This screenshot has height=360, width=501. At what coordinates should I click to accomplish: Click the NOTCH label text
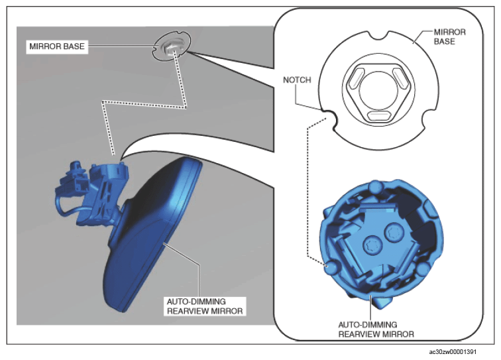297,80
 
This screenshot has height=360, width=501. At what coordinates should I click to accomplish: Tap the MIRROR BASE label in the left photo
57,46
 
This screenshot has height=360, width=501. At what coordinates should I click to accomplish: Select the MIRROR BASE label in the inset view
449,36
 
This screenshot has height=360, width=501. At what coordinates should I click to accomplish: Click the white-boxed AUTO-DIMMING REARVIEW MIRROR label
205,306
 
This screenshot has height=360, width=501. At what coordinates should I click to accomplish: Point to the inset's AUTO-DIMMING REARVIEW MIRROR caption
376,330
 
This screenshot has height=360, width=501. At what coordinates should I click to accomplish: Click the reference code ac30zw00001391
453,352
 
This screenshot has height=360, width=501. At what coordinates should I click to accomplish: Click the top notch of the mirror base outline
379,34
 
